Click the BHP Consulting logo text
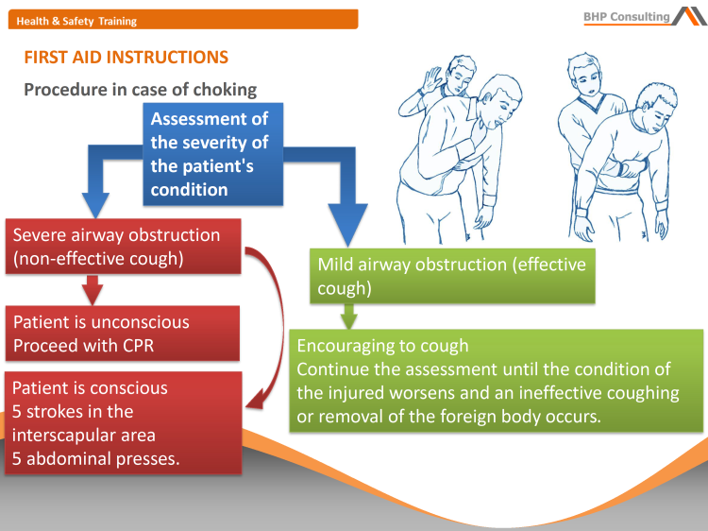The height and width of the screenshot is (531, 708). tap(627, 16)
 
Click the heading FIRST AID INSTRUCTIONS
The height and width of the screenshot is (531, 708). tap(126, 57)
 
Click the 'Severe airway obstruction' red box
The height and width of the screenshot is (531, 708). tap(123, 246)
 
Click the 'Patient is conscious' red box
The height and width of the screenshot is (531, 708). tap(121, 423)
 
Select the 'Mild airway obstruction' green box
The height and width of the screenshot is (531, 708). tap(453, 276)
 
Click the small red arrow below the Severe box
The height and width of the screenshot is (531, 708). tap(93, 286)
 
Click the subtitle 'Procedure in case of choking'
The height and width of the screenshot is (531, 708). tap(140, 90)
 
